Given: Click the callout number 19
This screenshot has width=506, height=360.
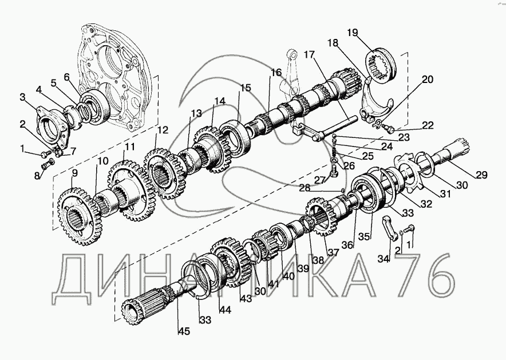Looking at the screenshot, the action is tap(351, 32).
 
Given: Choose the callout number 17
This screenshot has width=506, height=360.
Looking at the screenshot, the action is tap(310, 55).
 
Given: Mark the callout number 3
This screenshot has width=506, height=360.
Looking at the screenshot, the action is tap(23, 98).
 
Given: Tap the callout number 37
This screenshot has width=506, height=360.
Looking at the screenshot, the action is tap(334, 252).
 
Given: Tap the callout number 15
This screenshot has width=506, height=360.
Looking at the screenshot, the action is tap(245, 88).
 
